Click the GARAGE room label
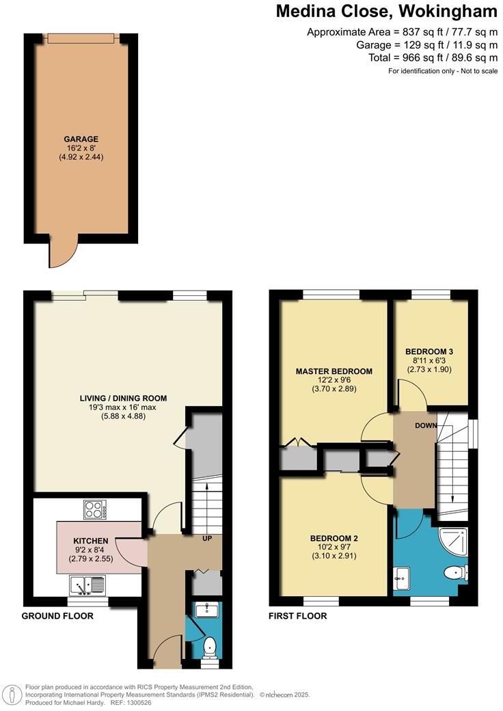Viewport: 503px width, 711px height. (x=81, y=139)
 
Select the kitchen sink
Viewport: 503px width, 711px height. (x=87, y=585)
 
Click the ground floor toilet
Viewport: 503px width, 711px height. (x=210, y=646)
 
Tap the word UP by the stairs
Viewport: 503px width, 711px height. (x=206, y=538)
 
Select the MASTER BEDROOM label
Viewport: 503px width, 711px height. (x=334, y=371)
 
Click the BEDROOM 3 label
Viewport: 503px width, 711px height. (x=429, y=351)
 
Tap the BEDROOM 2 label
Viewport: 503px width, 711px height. (x=334, y=538)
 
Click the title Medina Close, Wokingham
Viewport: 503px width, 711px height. (x=386, y=12)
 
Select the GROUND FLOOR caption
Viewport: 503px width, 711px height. (x=57, y=616)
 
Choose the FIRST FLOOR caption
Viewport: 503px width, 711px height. (x=298, y=616)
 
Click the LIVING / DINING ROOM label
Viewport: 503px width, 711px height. (x=122, y=398)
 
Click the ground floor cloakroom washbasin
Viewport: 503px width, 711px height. (x=206, y=611)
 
